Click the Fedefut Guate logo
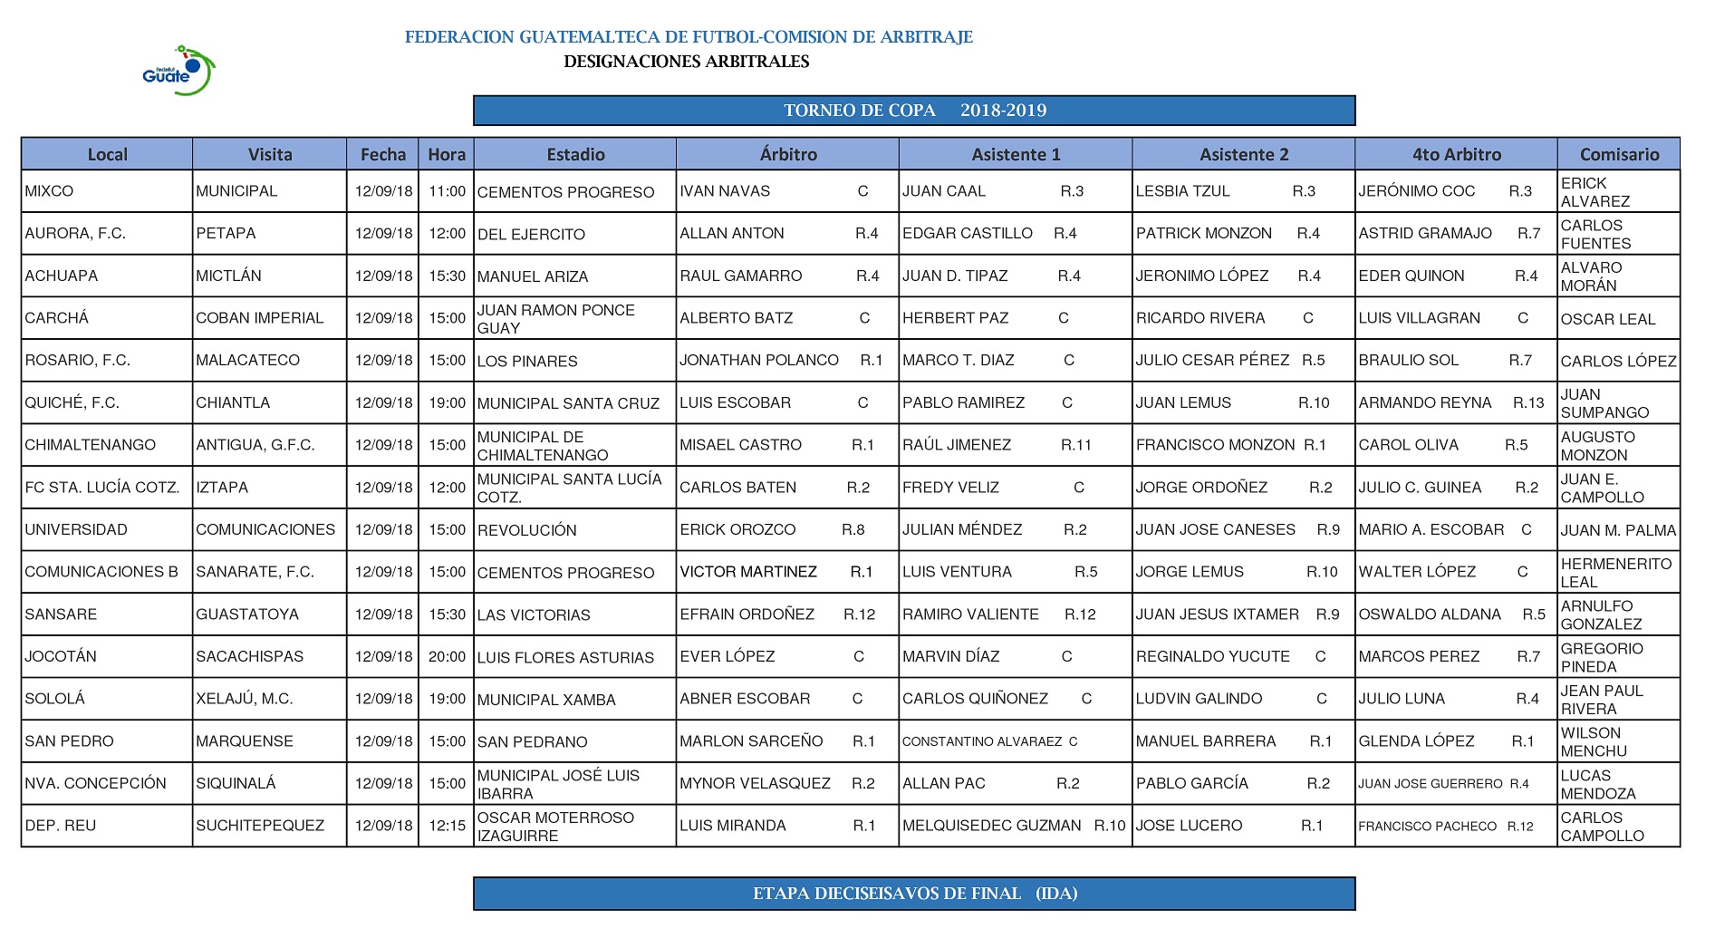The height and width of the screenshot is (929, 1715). pyautogui.click(x=179, y=71)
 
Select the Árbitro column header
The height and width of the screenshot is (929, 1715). pyautogui.click(x=787, y=154)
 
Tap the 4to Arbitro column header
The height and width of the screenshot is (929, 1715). pyautogui.click(x=1456, y=154)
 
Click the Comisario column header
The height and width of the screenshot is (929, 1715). pyautogui.click(x=1619, y=154)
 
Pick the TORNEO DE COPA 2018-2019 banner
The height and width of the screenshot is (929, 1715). pyautogui.click(x=914, y=111)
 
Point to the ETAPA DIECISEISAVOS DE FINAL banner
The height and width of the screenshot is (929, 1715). pyautogui.click(x=914, y=894)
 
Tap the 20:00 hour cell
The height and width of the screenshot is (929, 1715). pyautogui.click(x=447, y=656)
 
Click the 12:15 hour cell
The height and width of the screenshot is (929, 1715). pyautogui.click(x=447, y=826)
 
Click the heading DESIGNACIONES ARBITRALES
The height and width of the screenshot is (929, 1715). pyautogui.click(x=686, y=62)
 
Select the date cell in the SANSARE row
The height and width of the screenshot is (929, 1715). pyautogui.click(x=383, y=614)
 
